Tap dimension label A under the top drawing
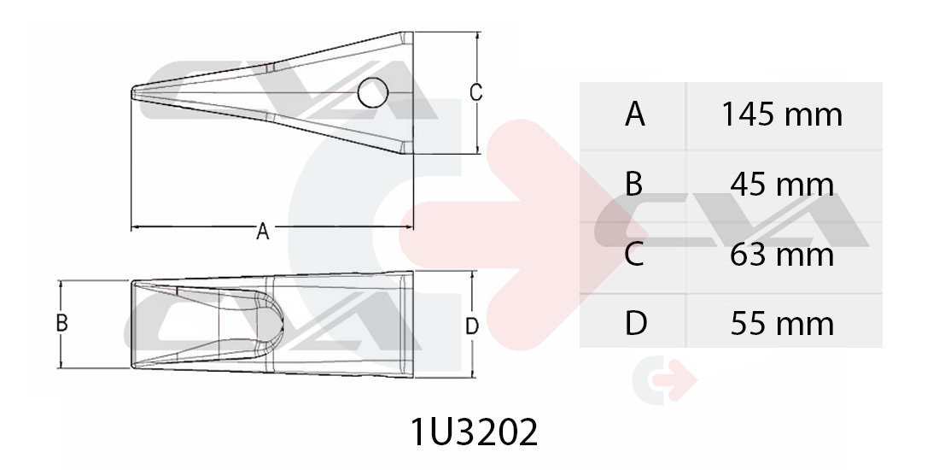point(262,231)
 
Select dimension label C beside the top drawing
point(475,93)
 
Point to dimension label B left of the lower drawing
point(61,323)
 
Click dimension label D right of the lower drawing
point(472,326)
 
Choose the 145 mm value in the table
point(781,114)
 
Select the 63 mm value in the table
point(781,254)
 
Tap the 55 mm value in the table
point(781,324)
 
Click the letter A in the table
point(635,114)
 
